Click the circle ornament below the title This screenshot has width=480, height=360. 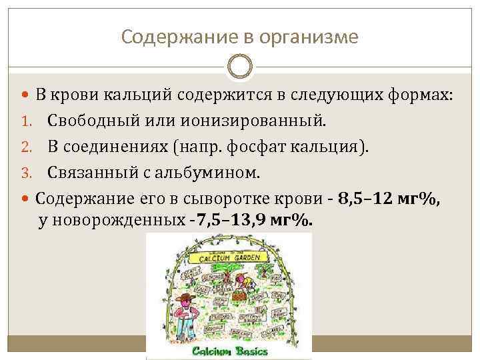pyautogui.click(x=240, y=67)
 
